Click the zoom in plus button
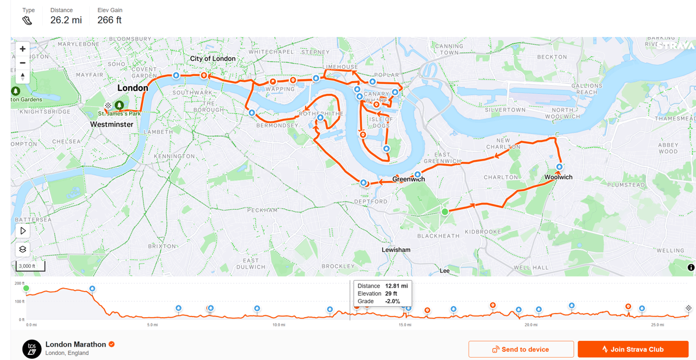point(23,49)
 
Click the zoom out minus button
point(23,63)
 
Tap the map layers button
point(23,249)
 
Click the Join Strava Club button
point(633,349)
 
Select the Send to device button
point(521,349)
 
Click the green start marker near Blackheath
point(445,212)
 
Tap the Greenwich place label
point(408,180)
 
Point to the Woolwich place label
point(558,177)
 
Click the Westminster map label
point(112,125)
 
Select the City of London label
point(213,59)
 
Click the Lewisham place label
point(396,250)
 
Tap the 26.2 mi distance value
point(66,20)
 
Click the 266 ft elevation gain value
point(110,20)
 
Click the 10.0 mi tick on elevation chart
point(279,325)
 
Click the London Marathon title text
point(75,344)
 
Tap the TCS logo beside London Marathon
point(31,348)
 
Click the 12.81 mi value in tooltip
point(396,286)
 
